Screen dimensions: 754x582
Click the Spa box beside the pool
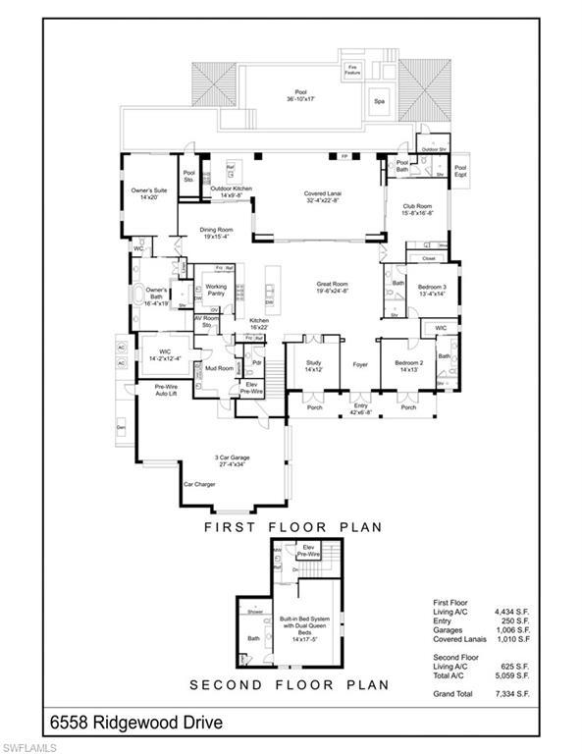click(378, 100)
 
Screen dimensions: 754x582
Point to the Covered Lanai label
click(321, 198)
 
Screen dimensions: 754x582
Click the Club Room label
click(417, 209)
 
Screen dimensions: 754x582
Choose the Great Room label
click(332, 285)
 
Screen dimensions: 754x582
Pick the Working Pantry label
click(216, 290)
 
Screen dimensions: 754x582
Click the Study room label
click(313, 367)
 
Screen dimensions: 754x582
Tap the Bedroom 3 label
click(431, 290)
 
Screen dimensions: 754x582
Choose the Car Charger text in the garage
click(198, 484)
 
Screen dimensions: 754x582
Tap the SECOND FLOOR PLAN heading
click(290, 684)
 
